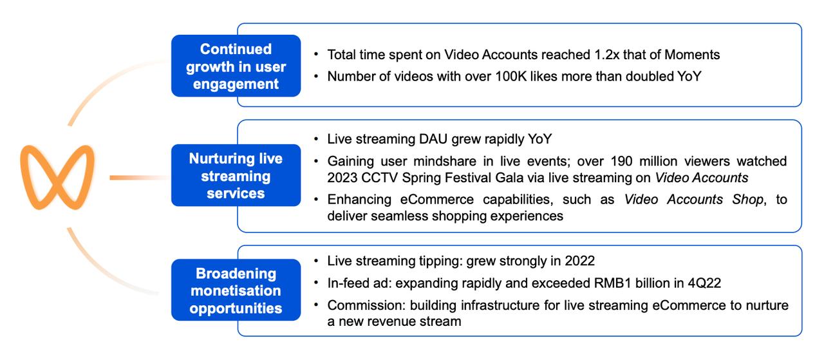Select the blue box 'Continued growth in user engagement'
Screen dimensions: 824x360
click(x=236, y=66)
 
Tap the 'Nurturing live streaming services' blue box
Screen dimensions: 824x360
click(x=236, y=175)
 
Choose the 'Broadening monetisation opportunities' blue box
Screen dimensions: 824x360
click(x=236, y=290)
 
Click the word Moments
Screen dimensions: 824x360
click(x=692, y=55)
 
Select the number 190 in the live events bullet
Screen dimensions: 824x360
click(x=621, y=161)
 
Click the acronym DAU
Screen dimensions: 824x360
click(x=433, y=139)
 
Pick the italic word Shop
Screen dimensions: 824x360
click(x=747, y=200)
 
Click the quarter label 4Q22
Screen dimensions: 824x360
click(x=704, y=283)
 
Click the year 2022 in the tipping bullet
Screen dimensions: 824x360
click(x=580, y=261)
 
